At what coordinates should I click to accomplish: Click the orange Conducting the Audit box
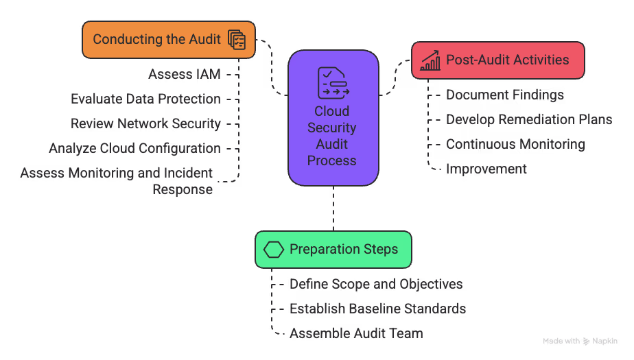168,39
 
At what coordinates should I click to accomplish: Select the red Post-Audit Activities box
497,60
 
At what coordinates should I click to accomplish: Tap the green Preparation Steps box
333,249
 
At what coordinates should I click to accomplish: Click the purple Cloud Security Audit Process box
333,118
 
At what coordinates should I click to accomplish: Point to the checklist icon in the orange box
236,40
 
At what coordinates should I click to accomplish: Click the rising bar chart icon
430,60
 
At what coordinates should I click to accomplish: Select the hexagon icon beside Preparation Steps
274,249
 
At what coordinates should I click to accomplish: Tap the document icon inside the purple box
333,82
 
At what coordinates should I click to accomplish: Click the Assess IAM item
184,74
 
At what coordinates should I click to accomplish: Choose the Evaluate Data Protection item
145,99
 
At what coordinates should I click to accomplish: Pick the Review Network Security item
145,123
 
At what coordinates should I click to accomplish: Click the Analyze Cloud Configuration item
134,148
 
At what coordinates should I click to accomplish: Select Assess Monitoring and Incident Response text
117,181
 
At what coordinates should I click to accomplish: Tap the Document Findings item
504,95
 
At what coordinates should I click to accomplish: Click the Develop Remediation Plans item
528,119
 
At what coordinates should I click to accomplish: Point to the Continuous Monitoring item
515,144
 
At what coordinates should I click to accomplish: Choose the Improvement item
486,169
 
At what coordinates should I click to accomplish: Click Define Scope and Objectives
375,284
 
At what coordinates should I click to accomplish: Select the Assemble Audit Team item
355,333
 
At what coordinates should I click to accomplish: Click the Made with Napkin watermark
580,341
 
